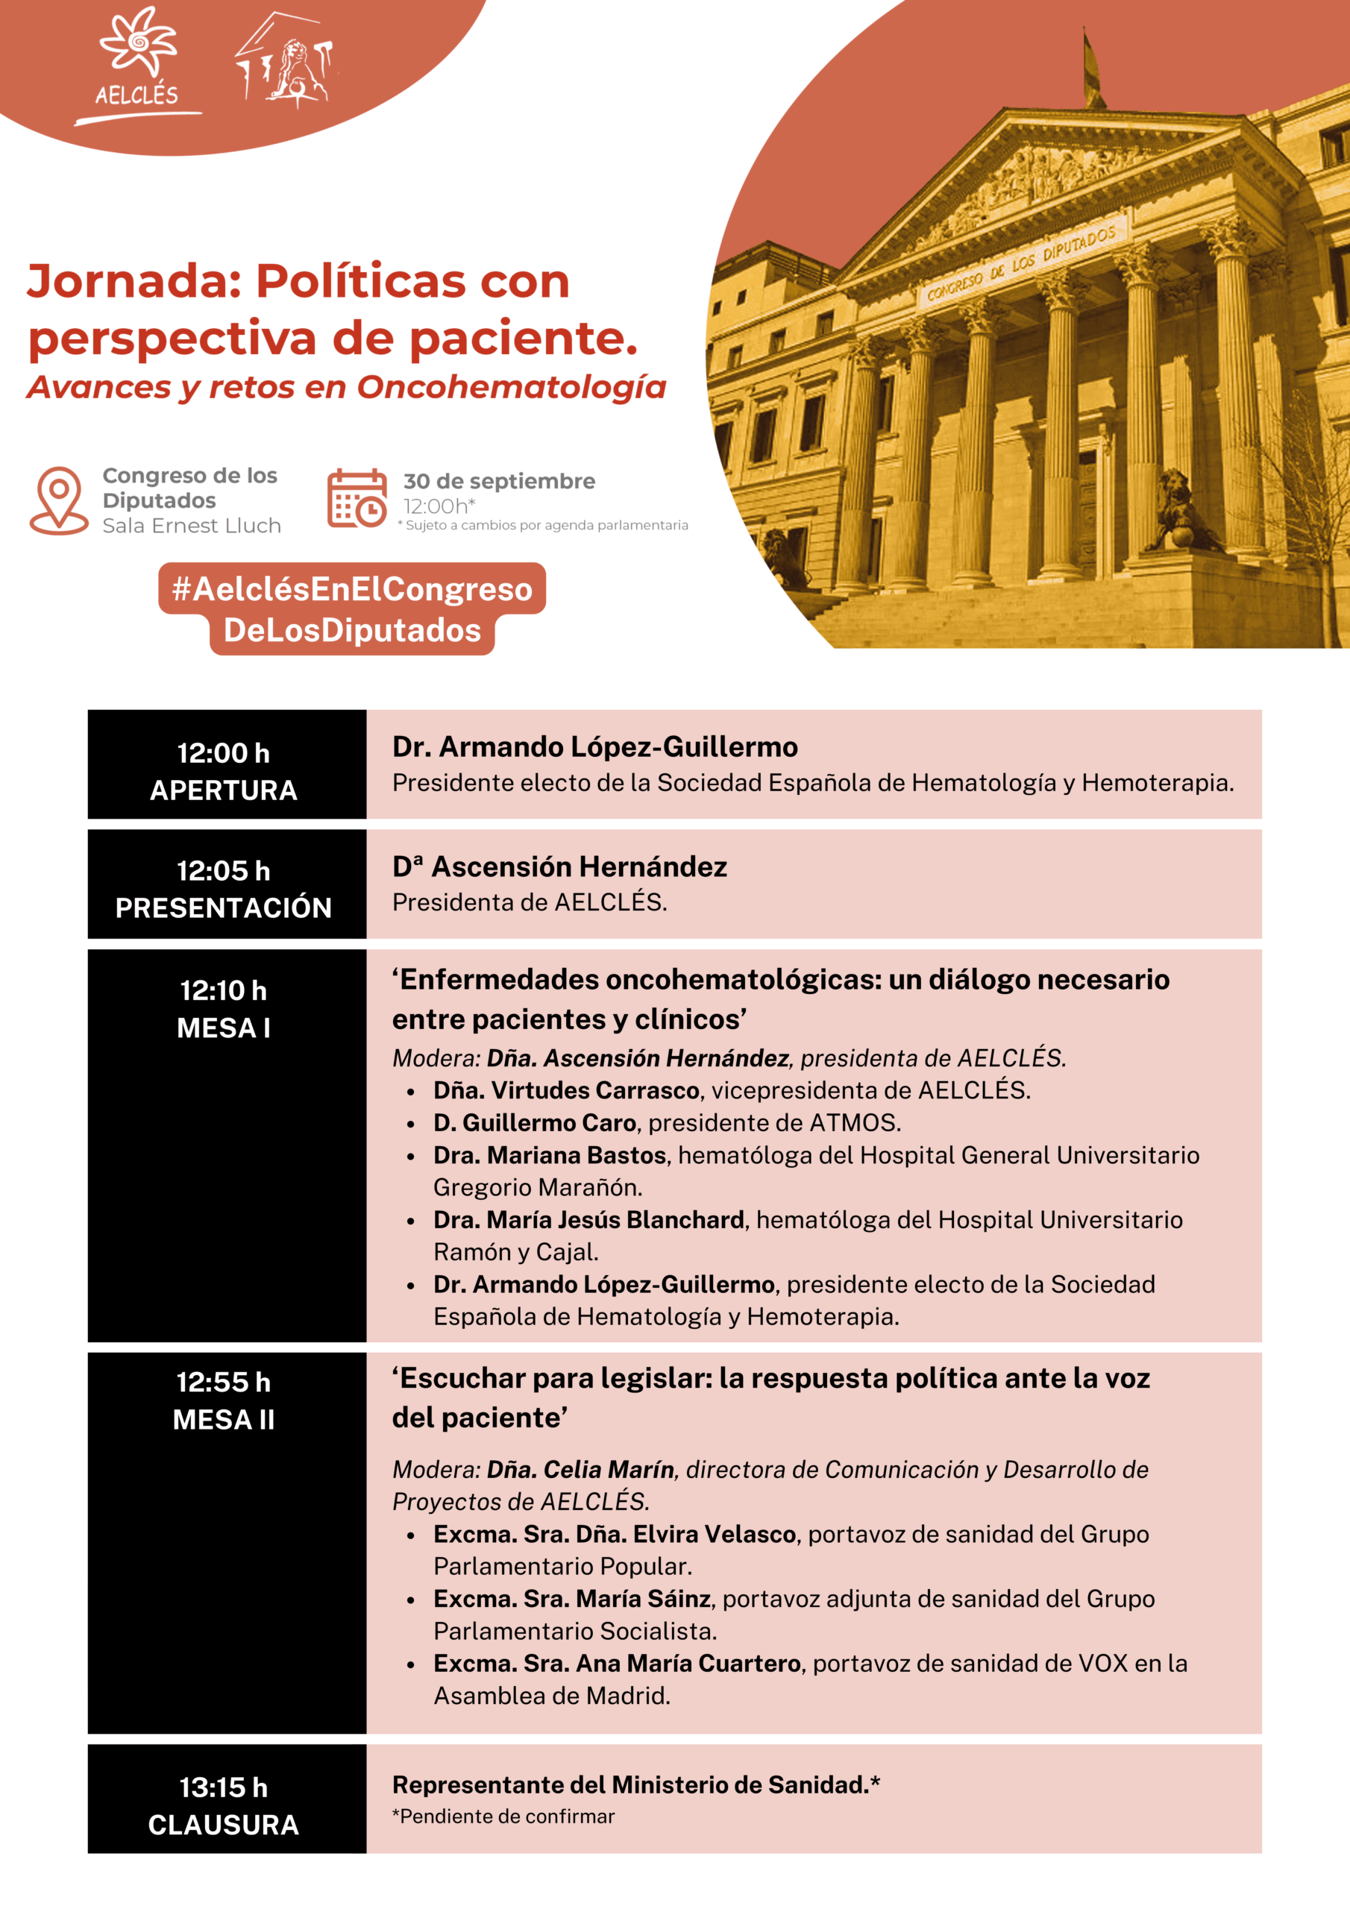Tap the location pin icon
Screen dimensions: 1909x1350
coord(59,498)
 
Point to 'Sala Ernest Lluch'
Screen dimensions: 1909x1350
coord(192,526)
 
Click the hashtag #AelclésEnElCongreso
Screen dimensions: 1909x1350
coord(352,588)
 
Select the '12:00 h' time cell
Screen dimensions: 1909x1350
coord(224,753)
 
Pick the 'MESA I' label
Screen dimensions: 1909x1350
coord(224,1028)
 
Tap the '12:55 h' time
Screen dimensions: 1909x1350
coord(224,1383)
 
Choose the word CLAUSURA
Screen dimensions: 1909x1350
coord(224,1825)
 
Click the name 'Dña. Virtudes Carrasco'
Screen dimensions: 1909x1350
coord(566,1091)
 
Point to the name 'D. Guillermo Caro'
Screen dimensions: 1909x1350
coord(535,1123)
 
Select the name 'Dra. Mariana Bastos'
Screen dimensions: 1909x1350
coord(550,1156)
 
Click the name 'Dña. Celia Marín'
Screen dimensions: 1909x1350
coord(580,1470)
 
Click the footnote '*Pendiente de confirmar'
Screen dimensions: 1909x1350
coord(503,1817)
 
